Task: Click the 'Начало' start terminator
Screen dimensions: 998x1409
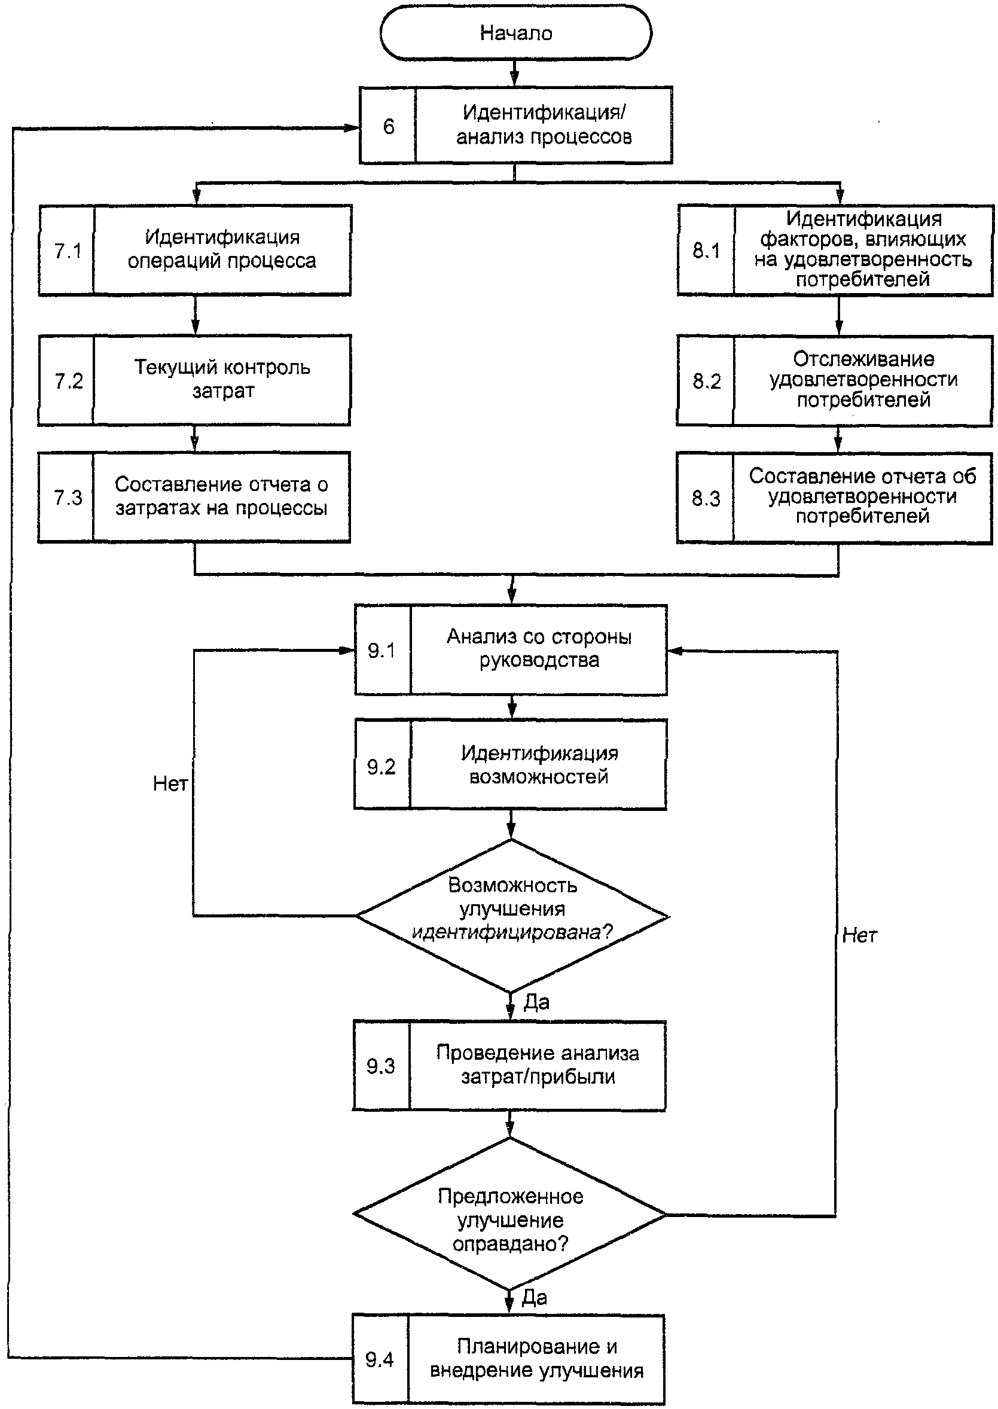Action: pos(515,32)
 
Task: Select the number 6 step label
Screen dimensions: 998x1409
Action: pos(389,127)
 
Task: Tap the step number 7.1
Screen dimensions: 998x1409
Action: pos(68,251)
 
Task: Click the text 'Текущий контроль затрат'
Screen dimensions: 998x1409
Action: pos(222,379)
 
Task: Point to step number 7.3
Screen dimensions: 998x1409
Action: pos(68,497)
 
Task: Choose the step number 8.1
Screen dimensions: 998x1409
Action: pos(706,250)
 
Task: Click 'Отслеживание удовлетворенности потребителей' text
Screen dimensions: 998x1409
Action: pos(863,379)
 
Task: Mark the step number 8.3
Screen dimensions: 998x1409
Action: pos(706,498)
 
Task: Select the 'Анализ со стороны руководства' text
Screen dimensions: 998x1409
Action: pos(539,648)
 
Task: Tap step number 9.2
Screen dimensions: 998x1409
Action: pos(381,766)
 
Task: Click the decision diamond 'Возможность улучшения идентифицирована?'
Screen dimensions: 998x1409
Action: pos(512,916)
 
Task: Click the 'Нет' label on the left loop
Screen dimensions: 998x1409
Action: pos(170,783)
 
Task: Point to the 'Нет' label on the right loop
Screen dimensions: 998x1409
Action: pos(859,935)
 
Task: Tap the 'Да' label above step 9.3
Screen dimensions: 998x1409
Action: pos(536,1002)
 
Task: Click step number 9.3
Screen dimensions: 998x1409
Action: pos(380,1066)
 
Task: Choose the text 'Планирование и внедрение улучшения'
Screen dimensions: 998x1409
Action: pos(536,1358)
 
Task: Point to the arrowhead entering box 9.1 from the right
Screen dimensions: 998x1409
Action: pos(675,651)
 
